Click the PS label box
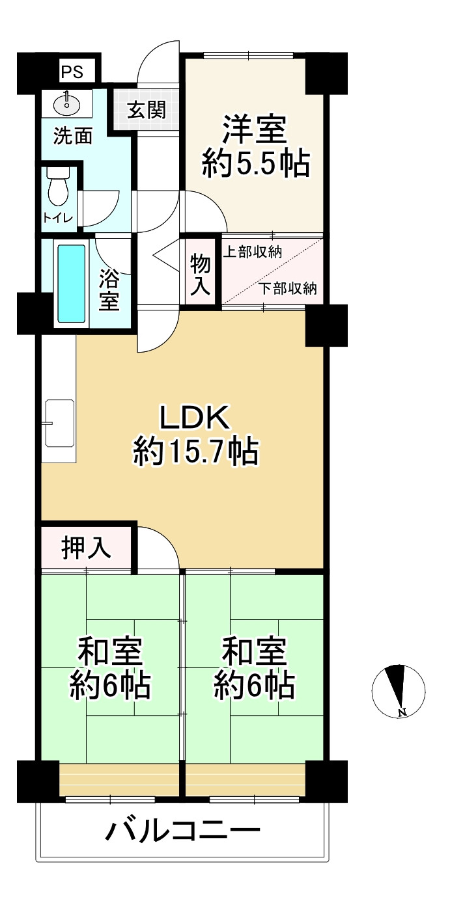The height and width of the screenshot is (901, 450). [x=72, y=71]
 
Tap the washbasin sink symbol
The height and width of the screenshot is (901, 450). [x=66, y=103]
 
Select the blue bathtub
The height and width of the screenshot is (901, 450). [x=71, y=283]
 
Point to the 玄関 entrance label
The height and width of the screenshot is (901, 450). [x=146, y=110]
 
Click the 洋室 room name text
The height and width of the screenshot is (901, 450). [x=255, y=129]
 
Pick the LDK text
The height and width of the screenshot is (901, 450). [x=195, y=417]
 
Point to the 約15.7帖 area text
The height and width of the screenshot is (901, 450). [x=195, y=451]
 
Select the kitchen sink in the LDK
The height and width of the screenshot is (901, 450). [x=59, y=423]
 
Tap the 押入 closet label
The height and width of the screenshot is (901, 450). [x=86, y=548]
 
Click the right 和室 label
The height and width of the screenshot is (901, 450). [x=254, y=651]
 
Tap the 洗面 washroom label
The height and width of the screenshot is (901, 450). [x=72, y=135]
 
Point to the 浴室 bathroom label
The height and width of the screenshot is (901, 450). [x=109, y=290]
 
